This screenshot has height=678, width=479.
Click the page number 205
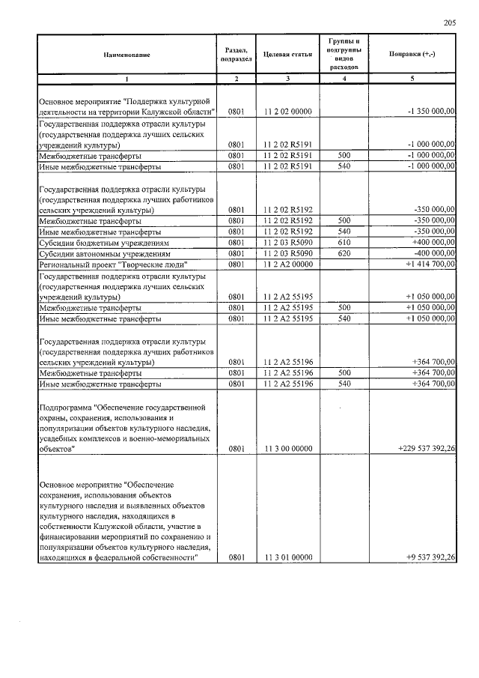click(449, 23)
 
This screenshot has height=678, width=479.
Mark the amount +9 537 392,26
click(430, 557)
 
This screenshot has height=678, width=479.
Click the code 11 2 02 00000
click(287, 112)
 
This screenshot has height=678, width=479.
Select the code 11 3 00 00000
click(287, 449)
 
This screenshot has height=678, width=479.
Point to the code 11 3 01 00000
click(287, 557)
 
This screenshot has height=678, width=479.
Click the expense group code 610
click(344, 243)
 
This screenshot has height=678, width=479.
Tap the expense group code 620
click(344, 253)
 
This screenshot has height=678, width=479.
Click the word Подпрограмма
click(67, 407)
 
